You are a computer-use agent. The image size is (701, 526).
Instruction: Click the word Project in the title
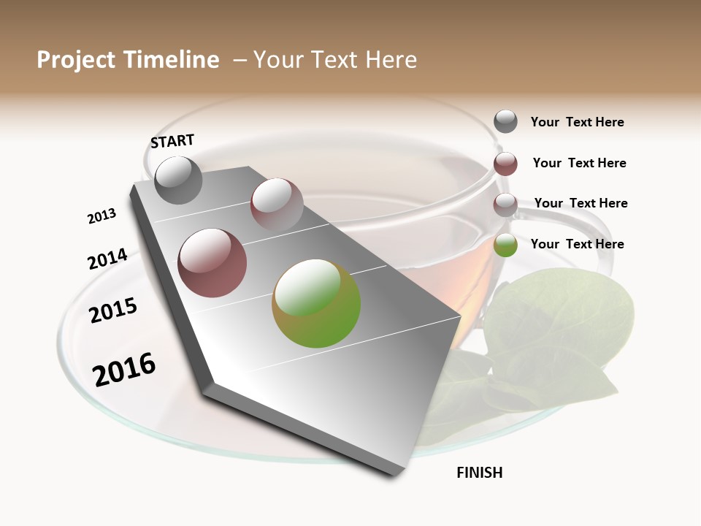point(75,60)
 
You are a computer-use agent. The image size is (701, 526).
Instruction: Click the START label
point(172,141)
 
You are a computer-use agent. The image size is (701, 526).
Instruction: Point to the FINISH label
point(479,473)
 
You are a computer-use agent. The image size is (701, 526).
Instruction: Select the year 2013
point(101,216)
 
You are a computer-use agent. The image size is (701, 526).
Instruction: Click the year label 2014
point(107,259)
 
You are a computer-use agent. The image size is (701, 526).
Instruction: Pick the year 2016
point(124,370)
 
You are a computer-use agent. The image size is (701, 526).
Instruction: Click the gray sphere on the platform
point(178,180)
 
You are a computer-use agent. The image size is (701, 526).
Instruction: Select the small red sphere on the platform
point(276,204)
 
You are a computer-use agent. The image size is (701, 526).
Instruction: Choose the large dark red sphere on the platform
point(212,263)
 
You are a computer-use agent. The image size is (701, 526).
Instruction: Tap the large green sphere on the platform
point(316,303)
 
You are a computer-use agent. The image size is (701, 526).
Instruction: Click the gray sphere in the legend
point(505,121)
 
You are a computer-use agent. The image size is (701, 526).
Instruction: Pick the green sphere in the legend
point(505,245)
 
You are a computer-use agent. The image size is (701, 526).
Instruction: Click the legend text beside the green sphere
point(577,244)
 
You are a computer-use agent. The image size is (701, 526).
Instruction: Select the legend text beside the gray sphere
point(577,122)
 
